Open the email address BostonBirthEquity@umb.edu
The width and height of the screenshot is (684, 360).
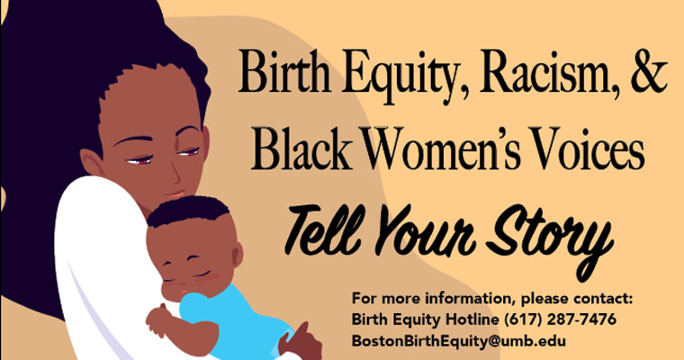coord(459,342)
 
